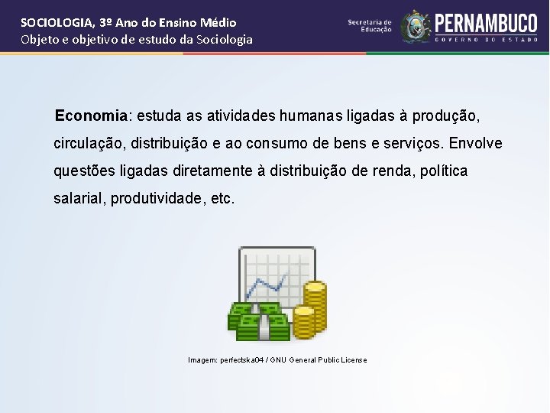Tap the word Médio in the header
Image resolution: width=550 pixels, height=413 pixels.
coord(218,23)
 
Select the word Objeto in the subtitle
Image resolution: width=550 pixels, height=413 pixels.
coord(39,39)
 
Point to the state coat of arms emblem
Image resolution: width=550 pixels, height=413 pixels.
coord(416,27)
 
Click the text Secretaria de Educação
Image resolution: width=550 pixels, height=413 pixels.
coord(370,26)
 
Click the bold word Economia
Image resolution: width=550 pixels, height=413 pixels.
coord(91,115)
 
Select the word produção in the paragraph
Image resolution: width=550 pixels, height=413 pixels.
coord(446,115)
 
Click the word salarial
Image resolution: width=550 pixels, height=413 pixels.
coord(79,198)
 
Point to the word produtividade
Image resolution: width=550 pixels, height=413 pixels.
coord(156,198)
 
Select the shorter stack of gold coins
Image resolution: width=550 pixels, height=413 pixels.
coord(304,322)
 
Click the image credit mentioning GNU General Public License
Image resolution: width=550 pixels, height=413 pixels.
coord(277,359)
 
